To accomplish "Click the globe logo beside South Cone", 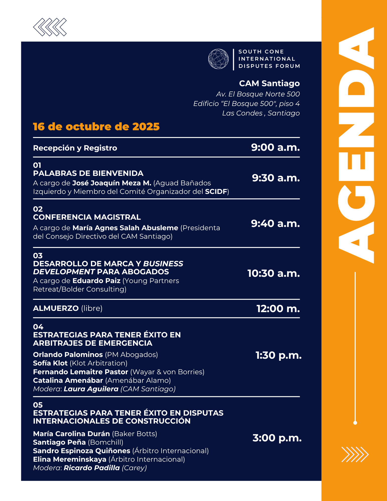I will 218,59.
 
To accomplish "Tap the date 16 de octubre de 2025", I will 96,127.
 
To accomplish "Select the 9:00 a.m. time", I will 275,147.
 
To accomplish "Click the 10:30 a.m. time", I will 274,273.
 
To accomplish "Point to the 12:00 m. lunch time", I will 278,309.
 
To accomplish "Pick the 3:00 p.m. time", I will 277,438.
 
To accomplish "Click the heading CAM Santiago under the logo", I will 269,83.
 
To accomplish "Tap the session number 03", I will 38,256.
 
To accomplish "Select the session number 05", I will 38,405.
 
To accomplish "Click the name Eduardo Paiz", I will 96,281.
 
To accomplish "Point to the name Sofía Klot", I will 50,363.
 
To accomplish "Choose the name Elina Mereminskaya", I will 70,459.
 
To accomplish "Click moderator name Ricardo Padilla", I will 92,468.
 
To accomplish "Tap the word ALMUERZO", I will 56,308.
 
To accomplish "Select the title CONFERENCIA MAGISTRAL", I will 87,217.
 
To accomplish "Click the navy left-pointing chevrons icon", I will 50,27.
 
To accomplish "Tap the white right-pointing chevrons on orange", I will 355,454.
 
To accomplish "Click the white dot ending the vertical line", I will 355,423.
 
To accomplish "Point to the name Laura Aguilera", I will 91,389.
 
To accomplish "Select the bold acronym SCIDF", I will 216,191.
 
